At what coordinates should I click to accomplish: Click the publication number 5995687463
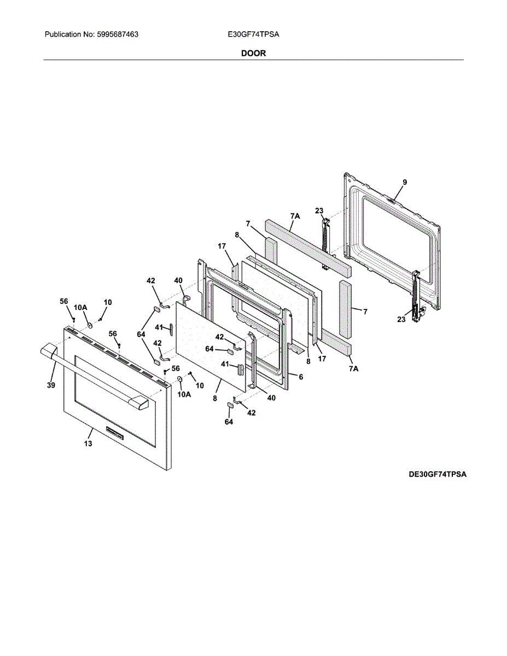pos(117,34)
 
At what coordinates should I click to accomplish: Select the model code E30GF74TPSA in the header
pos(253,34)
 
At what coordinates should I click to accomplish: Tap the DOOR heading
pos(253,54)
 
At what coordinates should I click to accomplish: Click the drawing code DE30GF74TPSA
pos(438,475)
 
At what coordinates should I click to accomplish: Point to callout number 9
pos(405,182)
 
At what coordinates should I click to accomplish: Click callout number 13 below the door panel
pos(88,444)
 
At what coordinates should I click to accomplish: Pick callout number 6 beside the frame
pos(300,377)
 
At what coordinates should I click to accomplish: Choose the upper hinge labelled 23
pos(327,241)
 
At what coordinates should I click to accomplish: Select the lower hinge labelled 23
pos(417,295)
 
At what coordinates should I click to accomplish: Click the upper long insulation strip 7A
pos(307,247)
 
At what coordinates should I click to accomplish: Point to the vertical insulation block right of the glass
pos(346,309)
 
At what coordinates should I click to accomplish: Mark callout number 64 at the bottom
pos(229,422)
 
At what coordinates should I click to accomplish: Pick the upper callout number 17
pos(221,247)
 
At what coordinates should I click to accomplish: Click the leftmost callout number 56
pos(64,301)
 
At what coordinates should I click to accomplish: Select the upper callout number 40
pos(178,280)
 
